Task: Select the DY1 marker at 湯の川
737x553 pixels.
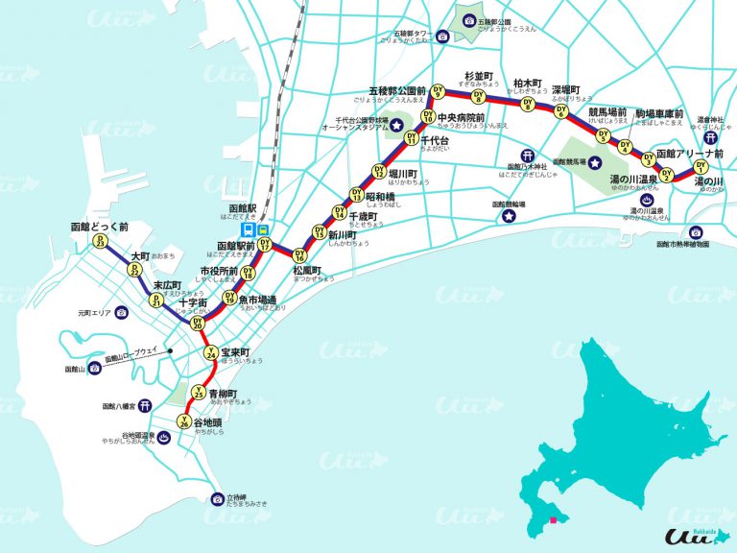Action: (700, 170)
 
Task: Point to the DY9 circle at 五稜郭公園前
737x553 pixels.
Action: (438, 92)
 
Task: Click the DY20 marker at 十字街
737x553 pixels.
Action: (199, 325)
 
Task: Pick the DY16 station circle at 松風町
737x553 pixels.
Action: (299, 256)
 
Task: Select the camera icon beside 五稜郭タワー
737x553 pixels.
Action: (442, 36)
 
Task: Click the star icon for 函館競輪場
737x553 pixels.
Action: (506, 217)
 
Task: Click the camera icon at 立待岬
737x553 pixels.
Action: (217, 498)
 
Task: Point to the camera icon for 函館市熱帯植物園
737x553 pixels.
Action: (696, 231)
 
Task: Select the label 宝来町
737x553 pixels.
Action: (234, 352)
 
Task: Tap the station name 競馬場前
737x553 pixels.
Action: (607, 112)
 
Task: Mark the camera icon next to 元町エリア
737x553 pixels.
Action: (122, 313)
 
